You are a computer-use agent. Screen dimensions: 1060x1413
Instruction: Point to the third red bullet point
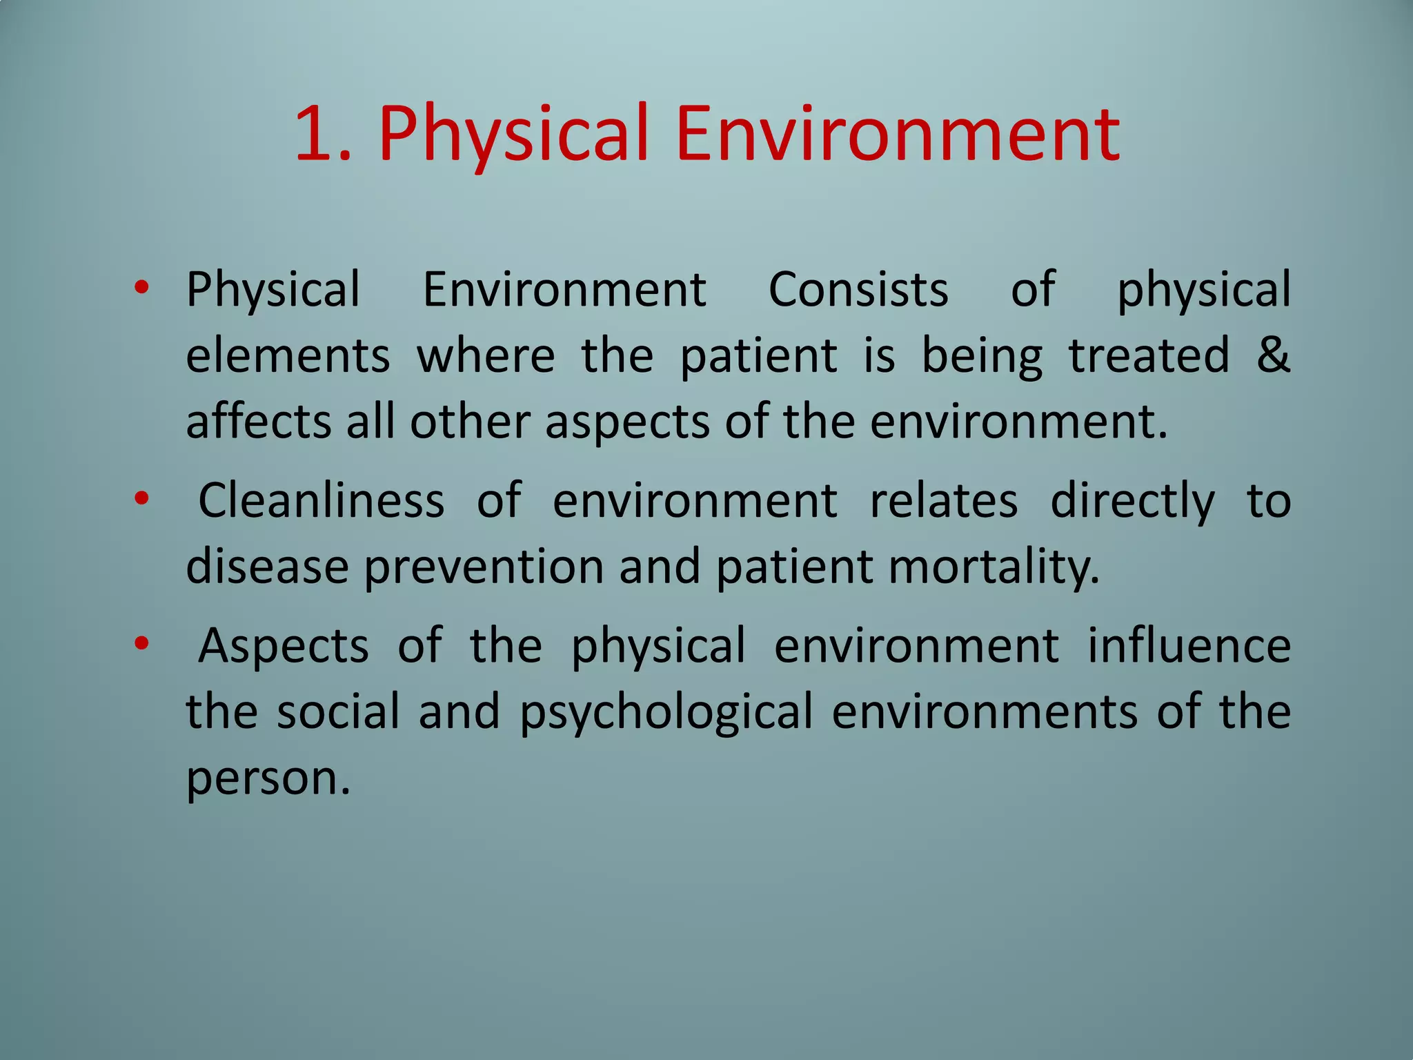click(141, 644)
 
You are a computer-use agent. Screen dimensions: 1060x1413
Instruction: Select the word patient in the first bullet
click(758, 355)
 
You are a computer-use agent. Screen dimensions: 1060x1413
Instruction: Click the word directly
click(1132, 501)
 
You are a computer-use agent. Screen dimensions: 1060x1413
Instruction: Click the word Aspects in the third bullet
click(283, 646)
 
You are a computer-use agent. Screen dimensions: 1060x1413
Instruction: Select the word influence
click(1189, 646)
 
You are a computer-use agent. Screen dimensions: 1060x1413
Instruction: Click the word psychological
click(666, 712)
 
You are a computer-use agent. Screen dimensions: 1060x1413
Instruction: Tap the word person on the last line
click(268, 778)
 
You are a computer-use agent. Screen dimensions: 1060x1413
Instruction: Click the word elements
click(288, 355)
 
